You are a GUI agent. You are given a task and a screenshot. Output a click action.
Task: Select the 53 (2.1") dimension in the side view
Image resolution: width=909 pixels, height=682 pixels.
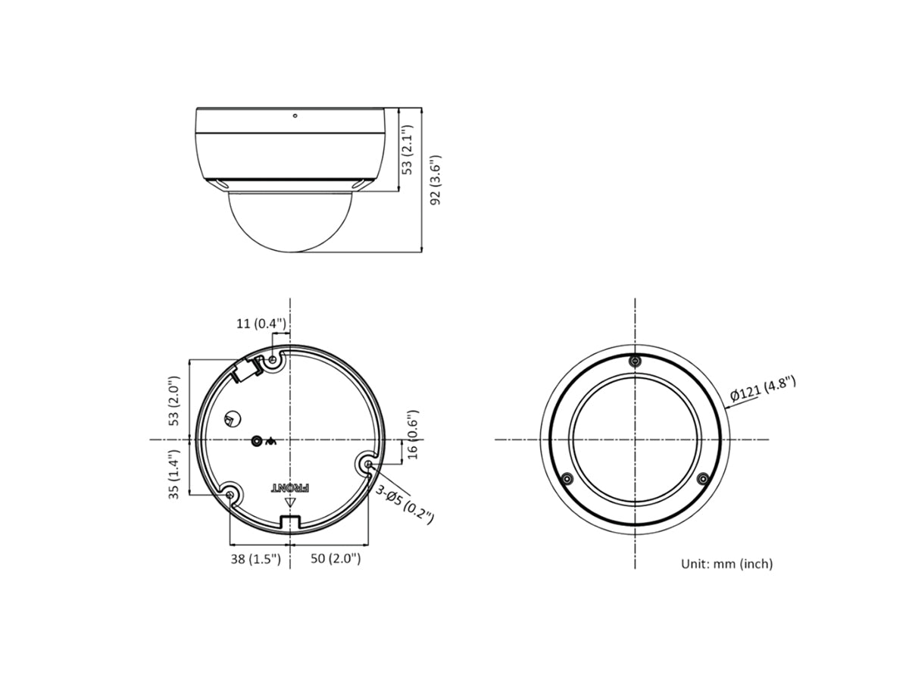pos(408,150)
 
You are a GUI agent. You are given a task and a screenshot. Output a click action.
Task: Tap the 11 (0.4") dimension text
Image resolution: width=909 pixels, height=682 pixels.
pos(261,324)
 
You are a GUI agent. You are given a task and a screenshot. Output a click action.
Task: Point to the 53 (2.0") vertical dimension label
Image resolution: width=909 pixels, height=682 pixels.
pos(174,401)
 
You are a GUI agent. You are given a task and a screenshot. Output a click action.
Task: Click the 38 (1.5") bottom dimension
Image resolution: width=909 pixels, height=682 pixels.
pos(255,559)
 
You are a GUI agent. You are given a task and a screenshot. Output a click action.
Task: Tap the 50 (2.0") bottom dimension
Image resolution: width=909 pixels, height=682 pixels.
pos(335,559)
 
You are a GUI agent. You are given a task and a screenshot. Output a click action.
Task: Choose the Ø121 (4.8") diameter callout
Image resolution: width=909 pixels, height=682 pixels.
pos(763,389)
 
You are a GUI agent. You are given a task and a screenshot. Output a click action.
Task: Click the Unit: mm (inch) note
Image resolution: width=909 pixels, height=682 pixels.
pos(726,564)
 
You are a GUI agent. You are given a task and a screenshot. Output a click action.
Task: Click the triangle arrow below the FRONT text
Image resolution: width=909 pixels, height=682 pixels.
pos(289,502)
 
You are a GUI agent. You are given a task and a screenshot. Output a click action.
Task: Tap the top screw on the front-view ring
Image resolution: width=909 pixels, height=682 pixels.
pos(635,361)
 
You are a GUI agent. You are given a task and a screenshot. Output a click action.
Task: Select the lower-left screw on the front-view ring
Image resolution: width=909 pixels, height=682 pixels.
pos(566,478)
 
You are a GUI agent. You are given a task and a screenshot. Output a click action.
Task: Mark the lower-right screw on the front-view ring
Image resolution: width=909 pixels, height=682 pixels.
pos(702,478)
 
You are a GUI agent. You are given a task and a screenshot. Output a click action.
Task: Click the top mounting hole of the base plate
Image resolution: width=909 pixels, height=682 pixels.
pos(274,359)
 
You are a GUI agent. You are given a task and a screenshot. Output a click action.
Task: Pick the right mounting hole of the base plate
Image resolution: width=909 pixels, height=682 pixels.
pos(368,462)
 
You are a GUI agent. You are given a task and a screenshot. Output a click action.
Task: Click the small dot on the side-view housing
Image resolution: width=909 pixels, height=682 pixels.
pos(295,117)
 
